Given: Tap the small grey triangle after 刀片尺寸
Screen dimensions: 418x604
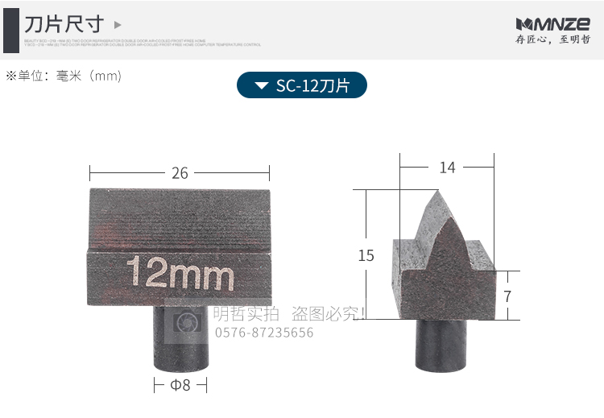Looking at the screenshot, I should coord(118,25).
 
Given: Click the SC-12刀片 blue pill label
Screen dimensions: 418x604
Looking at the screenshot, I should coord(302,85).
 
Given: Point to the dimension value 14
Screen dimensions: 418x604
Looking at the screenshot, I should coord(447,168).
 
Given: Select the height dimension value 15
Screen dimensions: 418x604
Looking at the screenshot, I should coord(366,255).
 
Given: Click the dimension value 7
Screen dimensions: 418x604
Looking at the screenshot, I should coord(507,296).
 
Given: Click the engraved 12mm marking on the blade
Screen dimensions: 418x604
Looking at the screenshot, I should coord(180,274).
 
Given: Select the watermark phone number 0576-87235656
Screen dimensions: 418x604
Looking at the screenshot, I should coord(263,333).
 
